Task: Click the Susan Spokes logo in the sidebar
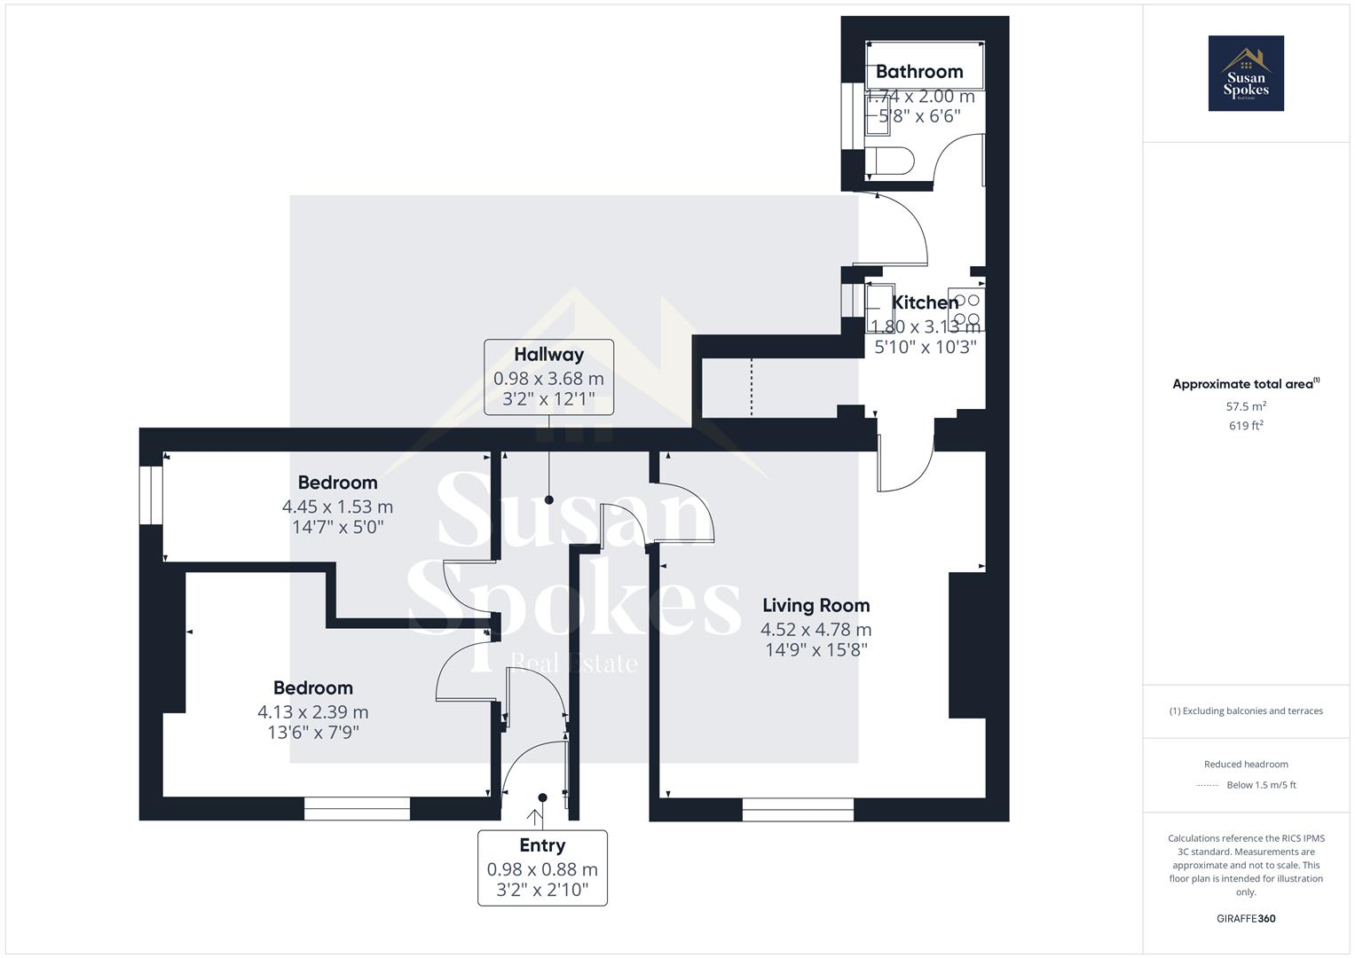[x=1246, y=74]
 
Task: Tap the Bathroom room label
[x=919, y=72]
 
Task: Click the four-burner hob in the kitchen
[x=965, y=309]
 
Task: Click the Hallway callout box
[x=548, y=377]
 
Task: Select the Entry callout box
[x=542, y=868]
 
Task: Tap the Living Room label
[x=816, y=606]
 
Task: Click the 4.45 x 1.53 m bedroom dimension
[x=337, y=506]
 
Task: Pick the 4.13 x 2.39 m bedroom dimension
[x=313, y=711]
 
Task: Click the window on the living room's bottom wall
[x=798, y=808]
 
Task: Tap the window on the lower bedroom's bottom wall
[x=357, y=808]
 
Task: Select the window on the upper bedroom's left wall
[x=151, y=489]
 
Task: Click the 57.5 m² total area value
[x=1246, y=406]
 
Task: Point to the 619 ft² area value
[x=1246, y=426]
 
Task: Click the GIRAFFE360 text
[x=1246, y=918]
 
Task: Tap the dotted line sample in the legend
[x=1208, y=785]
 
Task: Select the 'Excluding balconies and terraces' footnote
[x=1246, y=711]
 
